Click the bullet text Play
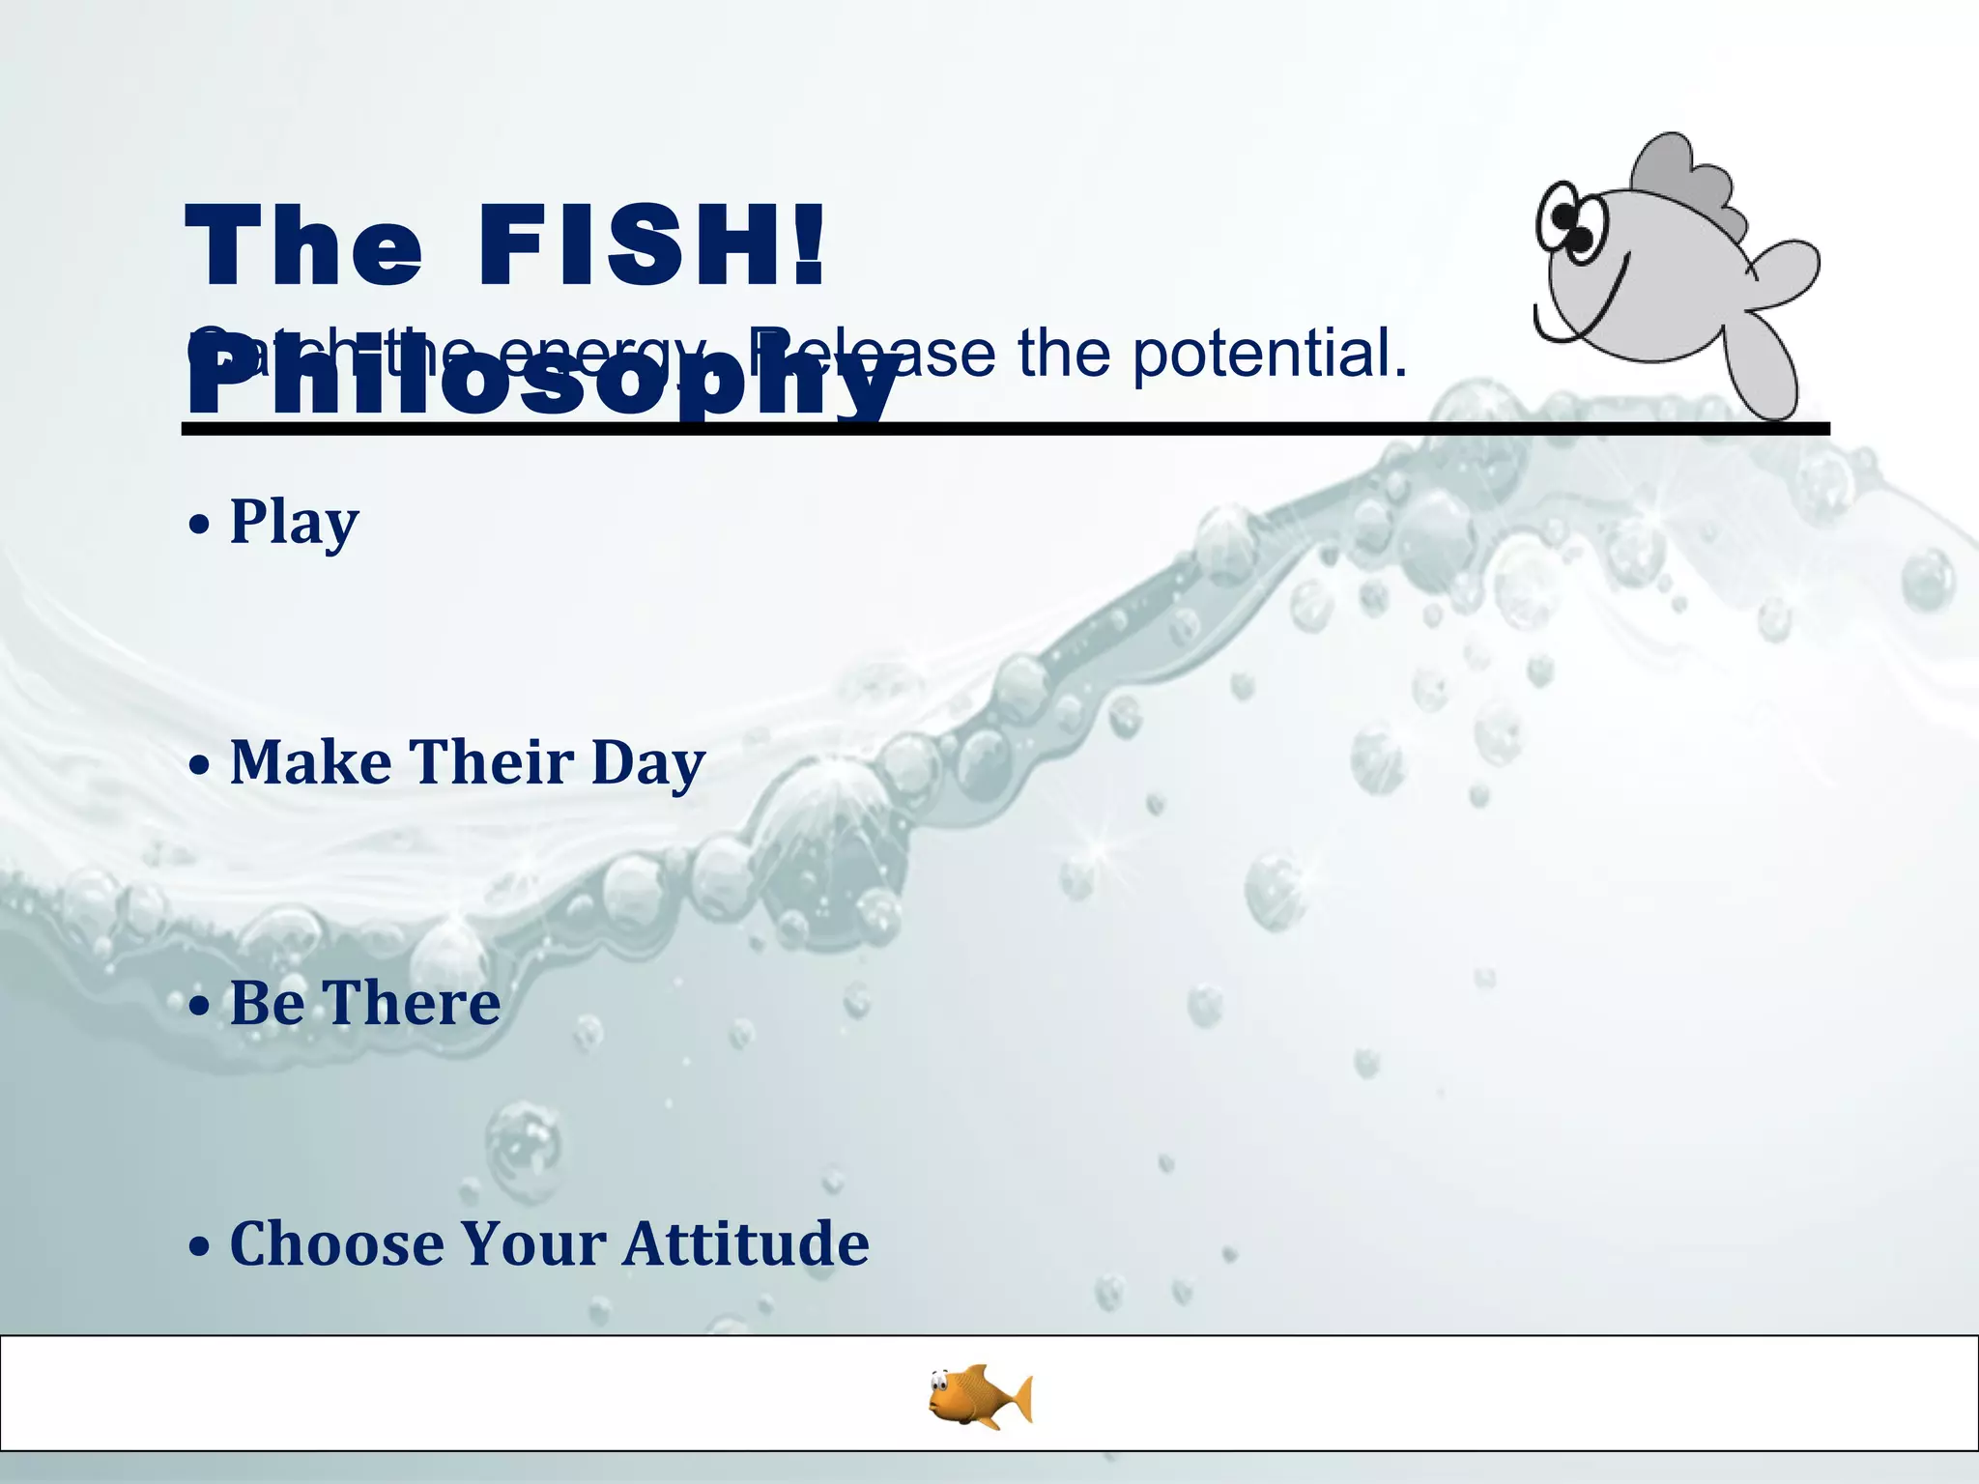[294, 523]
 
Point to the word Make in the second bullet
[310, 762]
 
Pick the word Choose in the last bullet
[336, 1243]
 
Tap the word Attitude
[745, 1243]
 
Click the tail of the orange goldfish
[1018, 1399]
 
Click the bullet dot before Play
[199, 525]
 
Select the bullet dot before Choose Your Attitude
[199, 1246]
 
